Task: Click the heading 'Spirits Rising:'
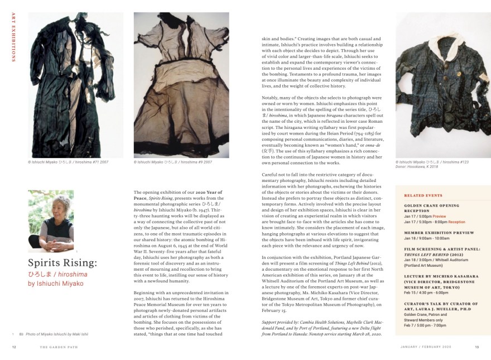pos(62,263)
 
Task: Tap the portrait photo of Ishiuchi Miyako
pos(51,221)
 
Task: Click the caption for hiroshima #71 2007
pos(68,162)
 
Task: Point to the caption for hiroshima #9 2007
pos(173,162)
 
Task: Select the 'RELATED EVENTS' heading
pos(422,196)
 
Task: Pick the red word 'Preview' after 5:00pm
pos(439,216)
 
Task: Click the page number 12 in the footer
pos(14,347)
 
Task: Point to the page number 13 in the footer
pos(476,347)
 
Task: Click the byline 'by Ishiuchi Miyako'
pos(55,284)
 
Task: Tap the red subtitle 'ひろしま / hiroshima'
pos(57,274)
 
